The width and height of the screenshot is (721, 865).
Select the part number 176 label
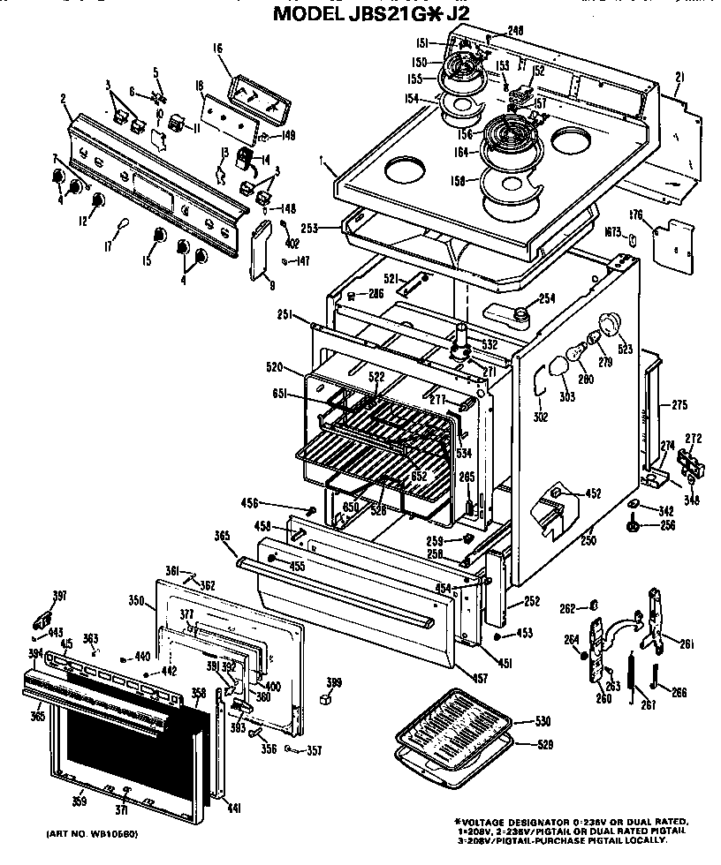coord(634,214)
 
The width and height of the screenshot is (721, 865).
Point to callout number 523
coord(626,349)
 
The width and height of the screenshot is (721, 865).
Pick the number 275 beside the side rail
coord(679,405)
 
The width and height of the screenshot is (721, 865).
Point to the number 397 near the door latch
coord(58,596)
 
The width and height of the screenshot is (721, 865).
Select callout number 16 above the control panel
coord(216,49)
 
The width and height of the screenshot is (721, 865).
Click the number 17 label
coord(109,248)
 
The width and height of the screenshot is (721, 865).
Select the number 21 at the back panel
coord(679,78)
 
